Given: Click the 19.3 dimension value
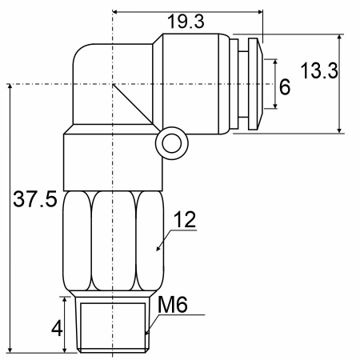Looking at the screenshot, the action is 186,22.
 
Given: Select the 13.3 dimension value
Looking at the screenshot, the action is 319,71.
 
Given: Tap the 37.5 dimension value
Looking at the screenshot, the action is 35,199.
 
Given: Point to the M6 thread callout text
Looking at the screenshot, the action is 173,305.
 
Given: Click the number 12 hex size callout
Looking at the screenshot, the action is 185,220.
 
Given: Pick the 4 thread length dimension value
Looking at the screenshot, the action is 57,328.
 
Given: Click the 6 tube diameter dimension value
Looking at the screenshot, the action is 285,87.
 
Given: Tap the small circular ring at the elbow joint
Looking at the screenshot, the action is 172,143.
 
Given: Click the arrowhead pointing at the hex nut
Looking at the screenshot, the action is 158,248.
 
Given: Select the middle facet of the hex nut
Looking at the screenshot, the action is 114,241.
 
